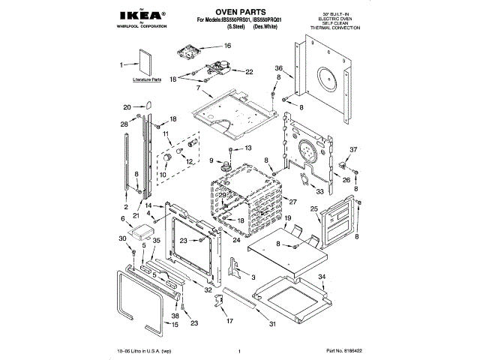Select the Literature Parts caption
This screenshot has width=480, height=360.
pyautogui.click(x=147, y=79)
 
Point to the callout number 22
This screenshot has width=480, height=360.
pyautogui.click(x=249, y=72)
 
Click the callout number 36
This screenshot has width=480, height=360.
pyautogui.click(x=277, y=67)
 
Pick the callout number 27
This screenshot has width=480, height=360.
pyautogui.click(x=293, y=202)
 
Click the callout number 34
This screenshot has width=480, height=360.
pyautogui.click(x=322, y=277)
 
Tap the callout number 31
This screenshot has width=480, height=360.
pyautogui.click(x=272, y=324)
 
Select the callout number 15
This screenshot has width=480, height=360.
pyautogui.click(x=175, y=325)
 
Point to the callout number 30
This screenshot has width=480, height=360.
pyautogui.click(x=121, y=238)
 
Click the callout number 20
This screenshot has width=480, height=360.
pyautogui.click(x=127, y=106)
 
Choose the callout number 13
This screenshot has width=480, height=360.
pyautogui.click(x=249, y=149)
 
